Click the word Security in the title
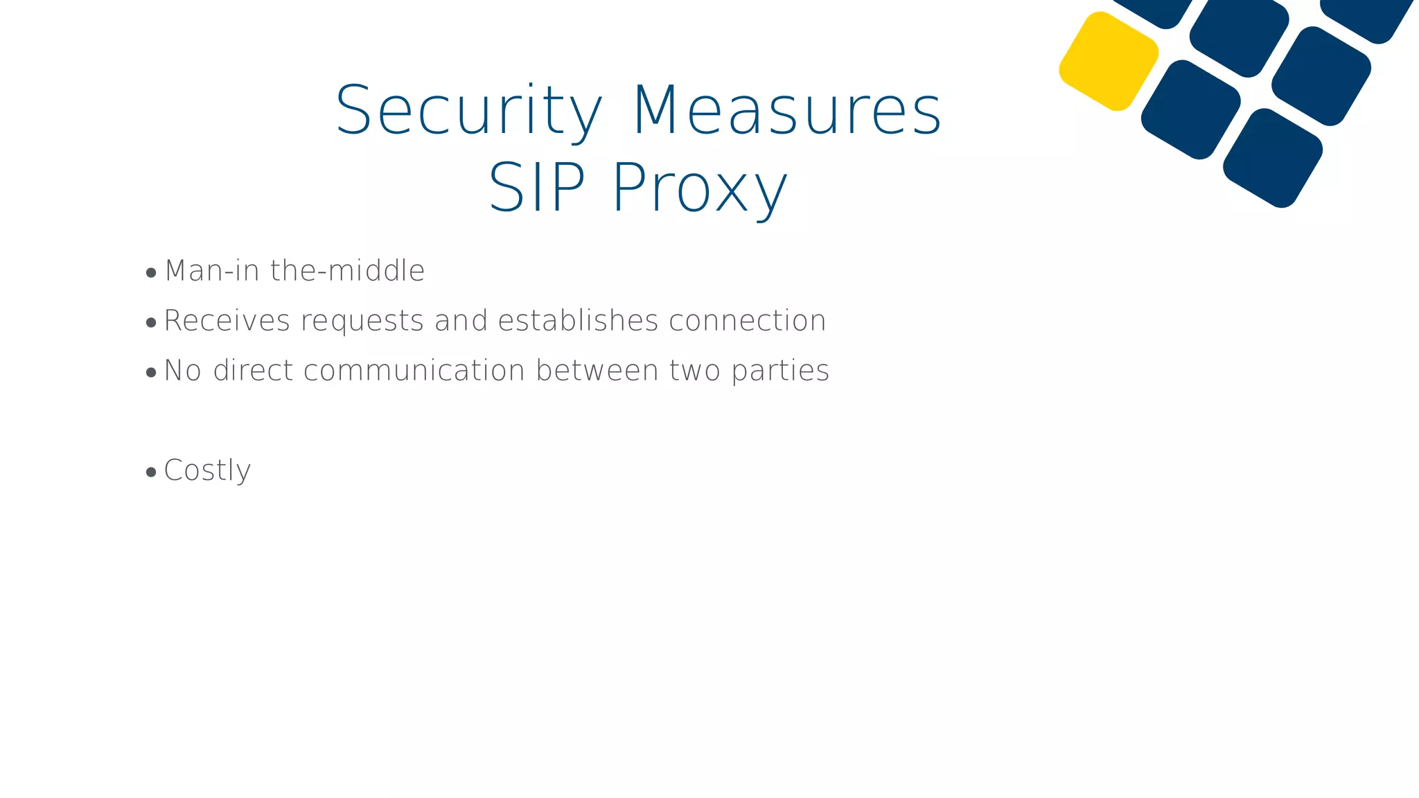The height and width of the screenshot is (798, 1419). coord(468,111)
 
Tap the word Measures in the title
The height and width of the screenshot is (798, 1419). coord(787,111)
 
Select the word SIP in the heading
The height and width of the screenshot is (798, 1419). coord(537,188)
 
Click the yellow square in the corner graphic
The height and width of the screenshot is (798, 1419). coord(1109,61)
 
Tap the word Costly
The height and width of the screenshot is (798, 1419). coord(207,471)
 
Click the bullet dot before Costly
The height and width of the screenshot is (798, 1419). coord(152,472)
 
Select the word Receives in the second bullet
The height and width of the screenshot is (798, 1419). coord(227,321)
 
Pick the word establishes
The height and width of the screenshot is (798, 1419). coord(579,321)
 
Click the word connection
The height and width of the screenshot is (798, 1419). coord(748,321)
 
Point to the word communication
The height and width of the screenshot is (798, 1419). coord(414,371)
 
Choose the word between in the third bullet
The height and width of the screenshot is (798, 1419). coord(597,371)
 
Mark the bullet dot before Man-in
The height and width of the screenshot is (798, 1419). coord(152,273)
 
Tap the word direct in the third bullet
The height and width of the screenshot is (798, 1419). coord(254,371)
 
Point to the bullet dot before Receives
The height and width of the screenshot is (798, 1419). coord(152,323)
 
